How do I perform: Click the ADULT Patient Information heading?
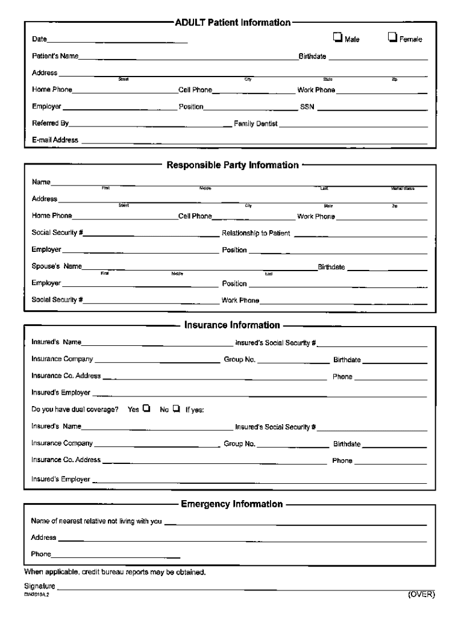click(233, 22)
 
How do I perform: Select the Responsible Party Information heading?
click(233, 165)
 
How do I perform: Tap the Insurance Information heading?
click(232, 325)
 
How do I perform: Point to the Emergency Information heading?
click(231, 504)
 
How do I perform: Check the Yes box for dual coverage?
click(146, 409)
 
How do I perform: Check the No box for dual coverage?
click(176, 409)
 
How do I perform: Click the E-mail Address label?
click(55, 140)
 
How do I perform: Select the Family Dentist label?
click(256, 124)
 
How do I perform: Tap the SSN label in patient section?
click(307, 107)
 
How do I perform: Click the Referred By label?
click(50, 124)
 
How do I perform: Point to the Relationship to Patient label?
click(256, 233)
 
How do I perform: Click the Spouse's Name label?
click(57, 266)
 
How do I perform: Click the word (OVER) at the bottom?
click(421, 594)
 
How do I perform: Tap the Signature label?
click(40, 586)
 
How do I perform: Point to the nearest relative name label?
click(96, 521)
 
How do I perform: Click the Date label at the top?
click(39, 40)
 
